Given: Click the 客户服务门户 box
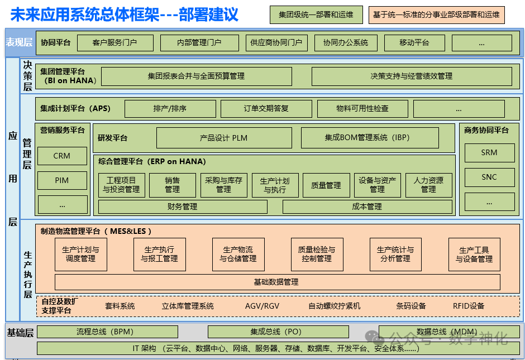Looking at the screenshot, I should tap(114, 42).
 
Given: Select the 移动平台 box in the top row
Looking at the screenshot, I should tap(414, 42).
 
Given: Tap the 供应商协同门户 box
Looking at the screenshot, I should tap(276, 42).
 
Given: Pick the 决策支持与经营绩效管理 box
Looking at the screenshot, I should tap(411, 76).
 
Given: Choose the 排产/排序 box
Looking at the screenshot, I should tap(170, 108).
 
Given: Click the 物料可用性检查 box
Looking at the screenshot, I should tap(362, 108).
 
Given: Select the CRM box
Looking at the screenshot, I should tap(62, 156).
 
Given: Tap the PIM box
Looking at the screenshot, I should tap(62, 180).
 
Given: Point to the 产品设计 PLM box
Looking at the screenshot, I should tap(224, 137).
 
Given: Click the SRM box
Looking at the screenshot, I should tap(489, 152).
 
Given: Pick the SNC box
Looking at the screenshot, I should tap(489, 177).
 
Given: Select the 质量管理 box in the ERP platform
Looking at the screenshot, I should tap(326, 185).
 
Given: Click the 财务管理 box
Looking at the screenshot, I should tap(183, 207).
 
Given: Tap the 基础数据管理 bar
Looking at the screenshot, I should tap(277, 282).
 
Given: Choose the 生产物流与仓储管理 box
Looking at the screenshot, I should tap(238, 255).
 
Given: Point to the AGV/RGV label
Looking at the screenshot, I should tap(262, 306).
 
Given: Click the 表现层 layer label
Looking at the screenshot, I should tap(20, 42).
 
